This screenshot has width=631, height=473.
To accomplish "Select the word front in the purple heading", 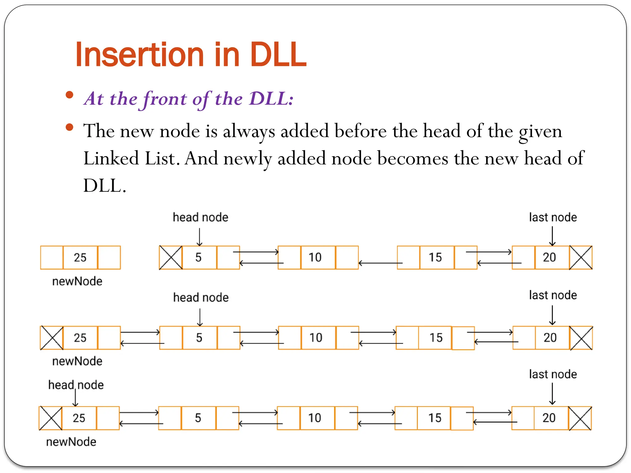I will point(165,99).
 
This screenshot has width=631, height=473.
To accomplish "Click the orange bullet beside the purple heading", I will point(70,95).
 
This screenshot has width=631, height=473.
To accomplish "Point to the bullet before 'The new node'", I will point(70,127).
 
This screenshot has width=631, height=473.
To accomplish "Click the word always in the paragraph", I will point(249,132).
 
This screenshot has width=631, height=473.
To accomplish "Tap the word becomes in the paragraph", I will point(413,159).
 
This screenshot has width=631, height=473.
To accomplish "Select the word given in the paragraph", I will point(540,132).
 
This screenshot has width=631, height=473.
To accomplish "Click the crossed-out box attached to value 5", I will point(171,257).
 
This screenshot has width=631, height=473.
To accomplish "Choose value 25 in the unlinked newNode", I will point(80,257).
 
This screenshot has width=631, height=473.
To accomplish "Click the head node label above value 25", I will point(76,385).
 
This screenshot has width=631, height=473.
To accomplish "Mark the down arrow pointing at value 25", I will point(75,398).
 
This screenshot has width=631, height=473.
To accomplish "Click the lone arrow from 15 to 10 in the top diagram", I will point(381,263).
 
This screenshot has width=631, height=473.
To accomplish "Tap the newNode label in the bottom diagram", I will point(71,442).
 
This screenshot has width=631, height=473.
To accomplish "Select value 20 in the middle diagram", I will point(550,338).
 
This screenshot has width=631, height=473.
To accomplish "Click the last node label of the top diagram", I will point(553,217).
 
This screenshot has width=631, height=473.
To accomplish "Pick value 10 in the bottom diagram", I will point(315,418).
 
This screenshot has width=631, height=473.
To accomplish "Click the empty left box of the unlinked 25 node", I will point(52,257).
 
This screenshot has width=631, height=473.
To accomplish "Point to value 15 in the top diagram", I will point(435,257).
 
